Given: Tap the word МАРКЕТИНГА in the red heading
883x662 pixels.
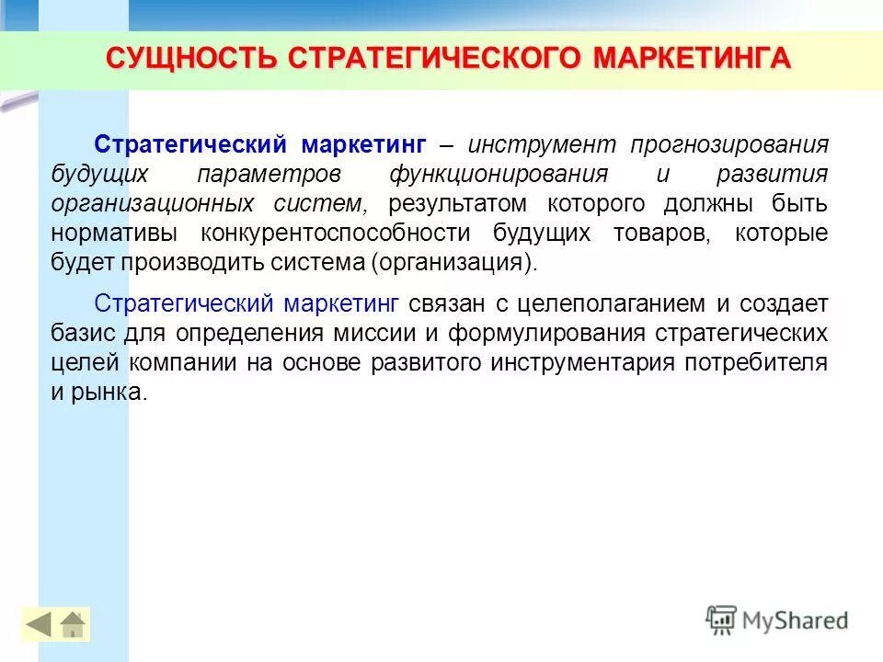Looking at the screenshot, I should pos(691,58).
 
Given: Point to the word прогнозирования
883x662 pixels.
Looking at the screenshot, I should pos(728,145).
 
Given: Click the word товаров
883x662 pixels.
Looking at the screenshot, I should pos(661,234).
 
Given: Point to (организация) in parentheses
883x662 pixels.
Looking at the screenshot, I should pos(453,263).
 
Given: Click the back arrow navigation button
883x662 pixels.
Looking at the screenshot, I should pos(39,625).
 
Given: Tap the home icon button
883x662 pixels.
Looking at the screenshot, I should pos(73,625).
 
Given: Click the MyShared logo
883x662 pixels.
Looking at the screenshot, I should pos(778,620).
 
